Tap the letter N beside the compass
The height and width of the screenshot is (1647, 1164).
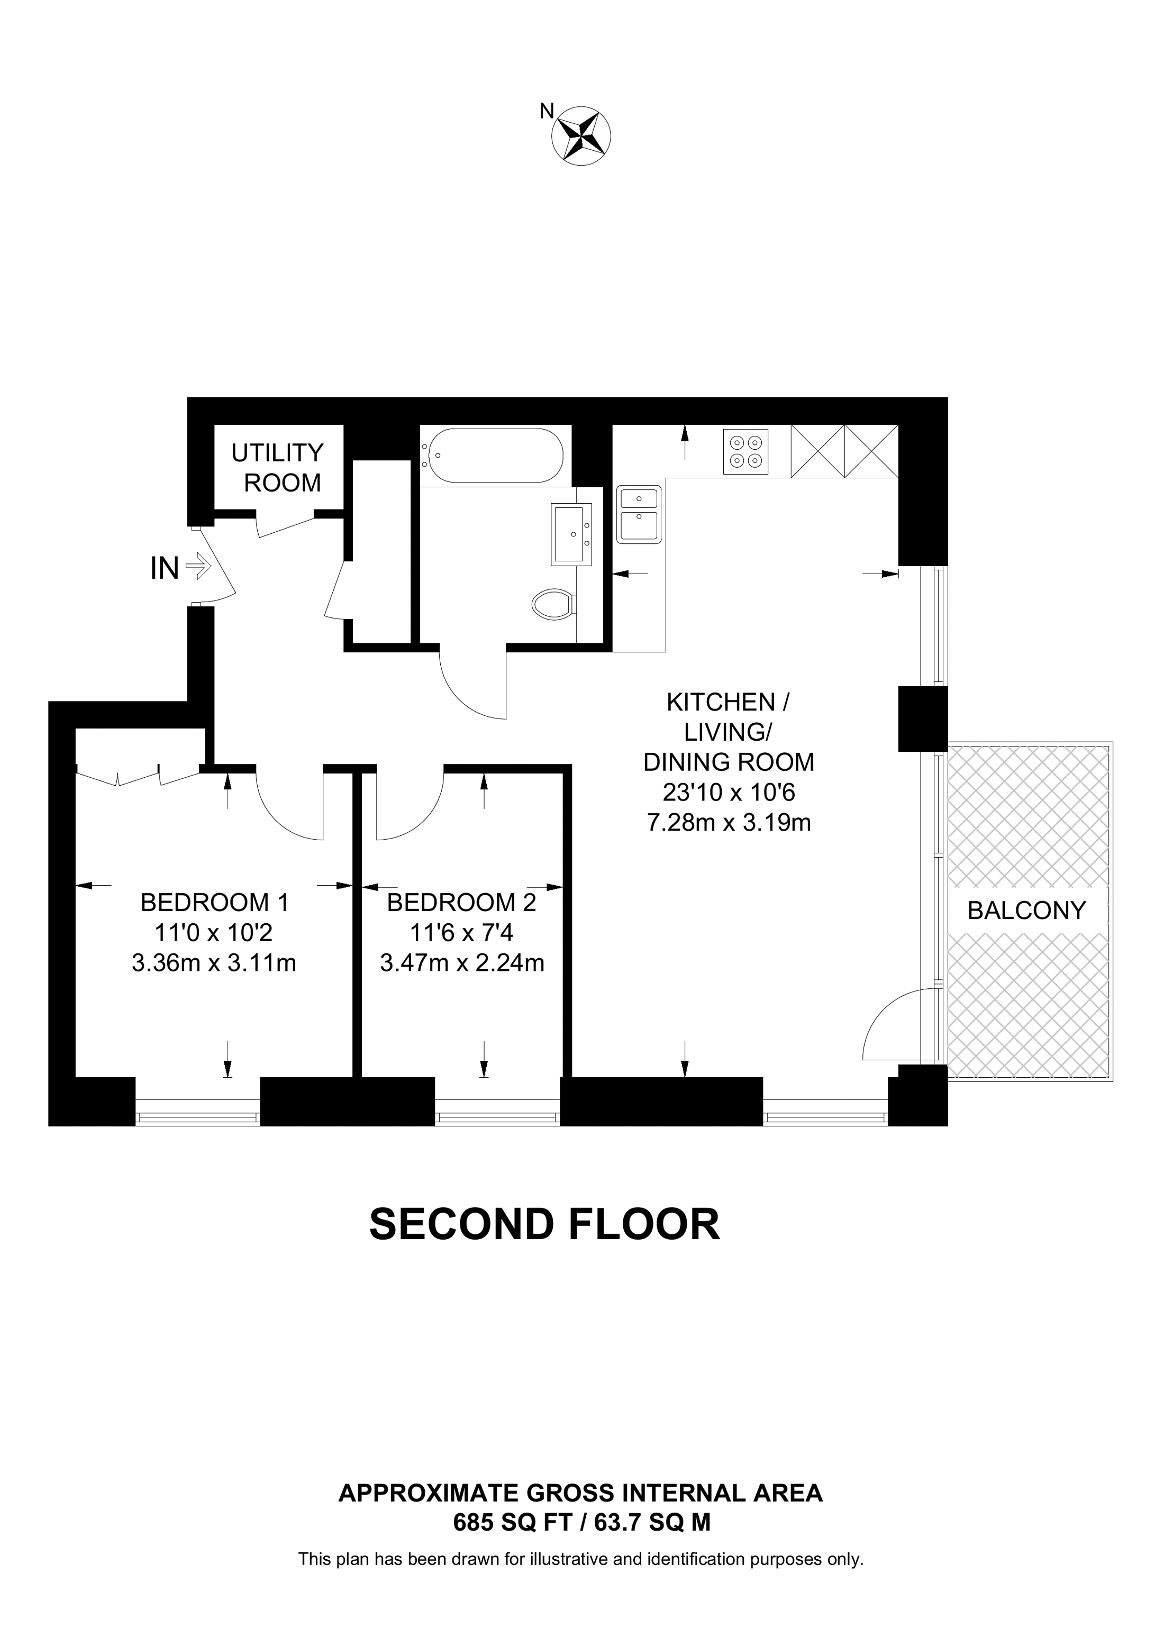pos(547,111)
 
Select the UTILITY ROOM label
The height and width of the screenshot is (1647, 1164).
pos(278,468)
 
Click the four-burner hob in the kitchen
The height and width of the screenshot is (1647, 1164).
pos(746,452)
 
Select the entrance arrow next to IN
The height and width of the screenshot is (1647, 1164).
pos(198,568)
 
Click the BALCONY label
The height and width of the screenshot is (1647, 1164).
pos(1027,911)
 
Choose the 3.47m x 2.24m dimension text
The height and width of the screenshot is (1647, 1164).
pos(462,963)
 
